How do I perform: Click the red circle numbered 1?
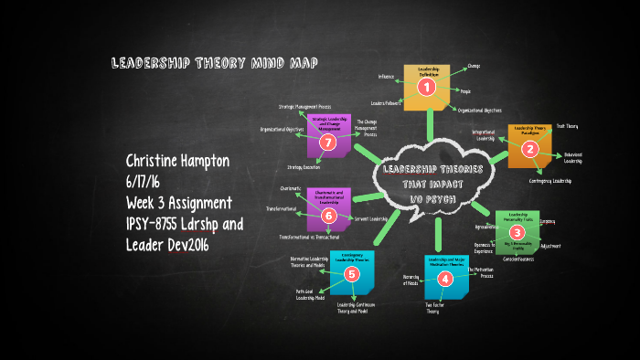pyautogui.click(x=425, y=88)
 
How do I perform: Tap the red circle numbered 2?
pyautogui.click(x=528, y=150)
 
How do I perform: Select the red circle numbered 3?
pyautogui.click(x=517, y=233)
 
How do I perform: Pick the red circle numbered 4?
pyautogui.click(x=445, y=279)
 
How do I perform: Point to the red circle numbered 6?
pyautogui.click(x=329, y=215)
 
